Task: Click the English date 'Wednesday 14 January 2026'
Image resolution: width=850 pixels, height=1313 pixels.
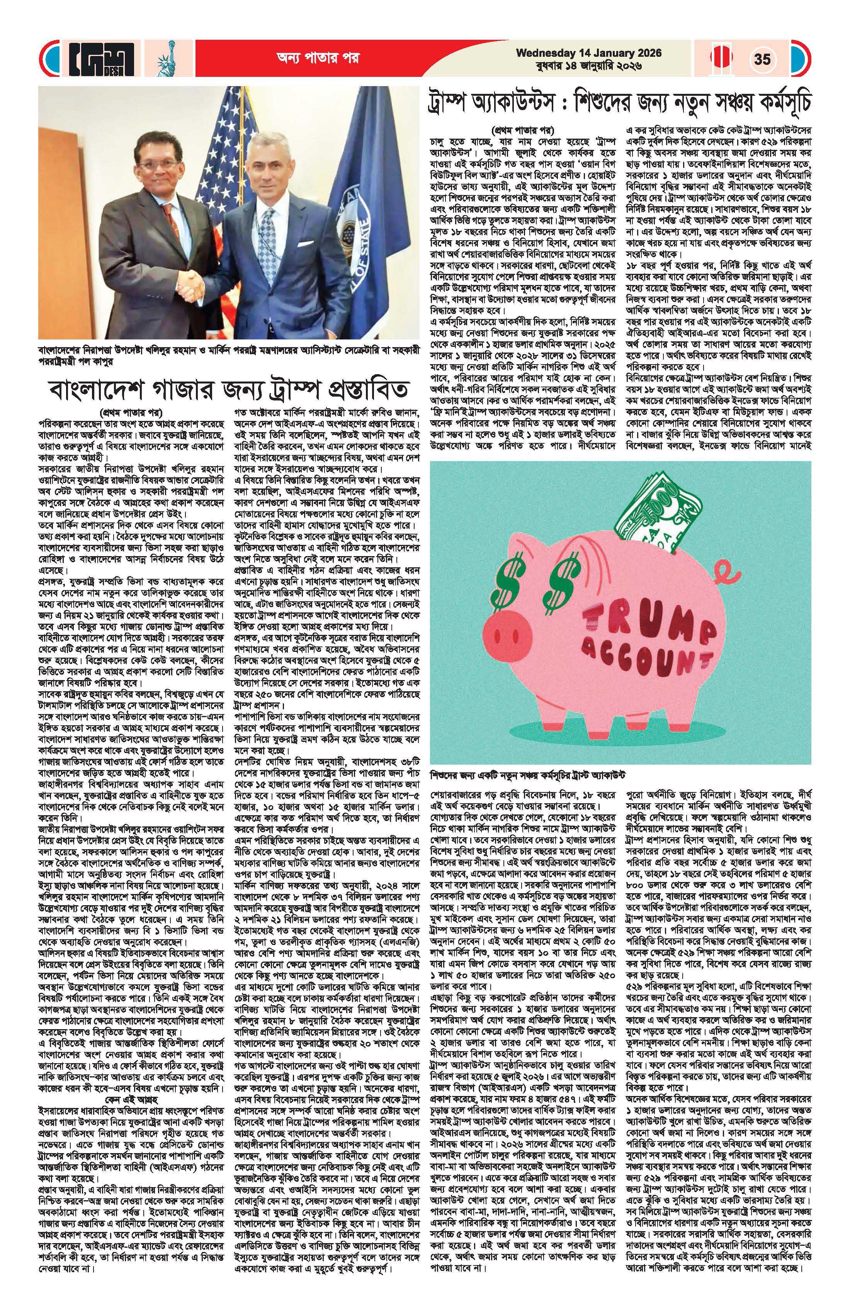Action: [588, 53]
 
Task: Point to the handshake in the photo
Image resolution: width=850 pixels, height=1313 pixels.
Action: [194, 286]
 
